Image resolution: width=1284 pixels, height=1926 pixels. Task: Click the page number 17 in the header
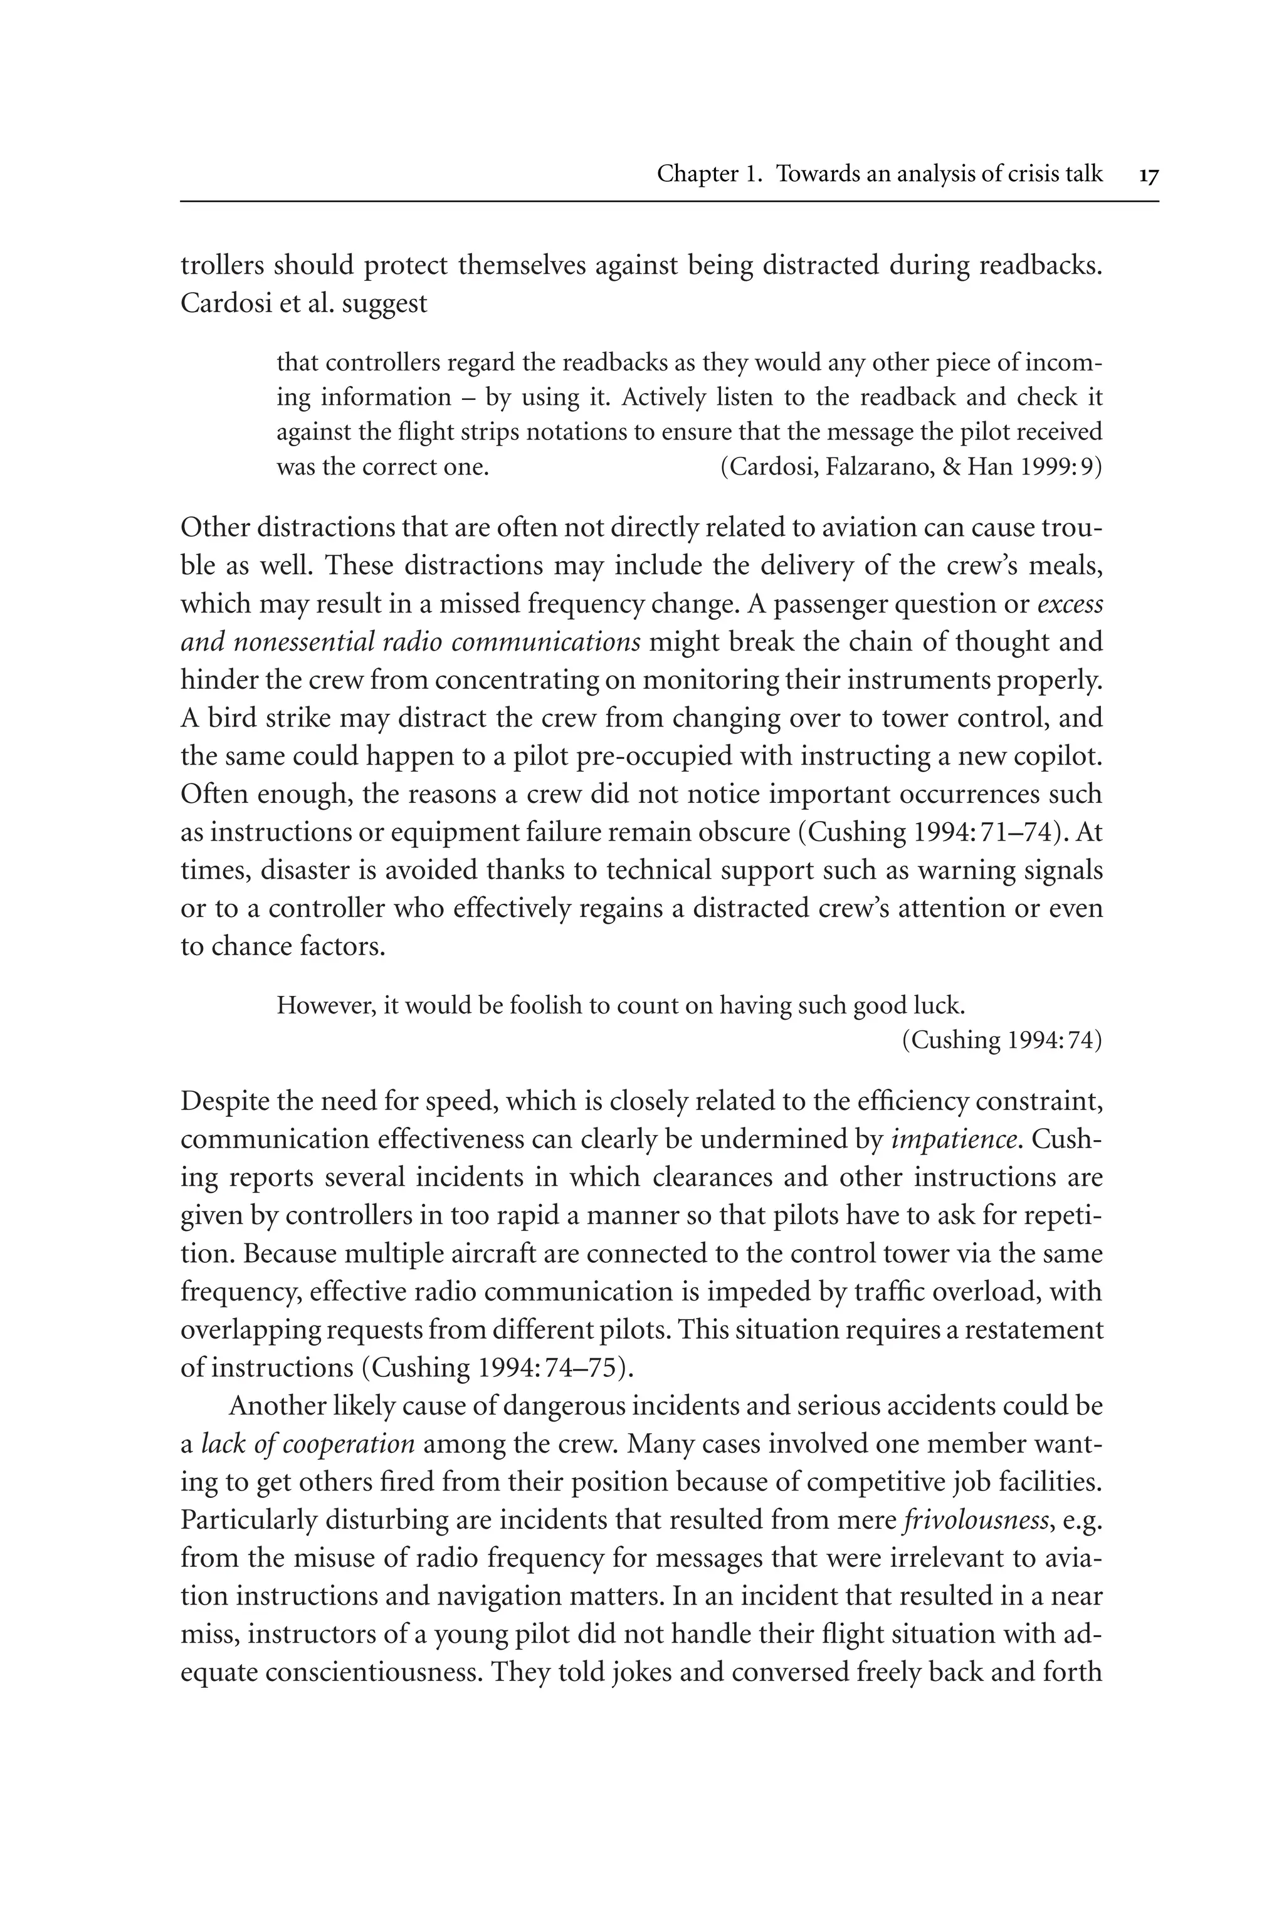tap(1148, 175)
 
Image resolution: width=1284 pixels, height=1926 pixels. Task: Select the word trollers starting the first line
tap(223, 266)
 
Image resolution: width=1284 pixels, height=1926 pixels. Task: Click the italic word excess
tap(1070, 605)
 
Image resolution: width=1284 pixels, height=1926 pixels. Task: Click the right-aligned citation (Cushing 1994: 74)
tap(1001, 1040)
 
